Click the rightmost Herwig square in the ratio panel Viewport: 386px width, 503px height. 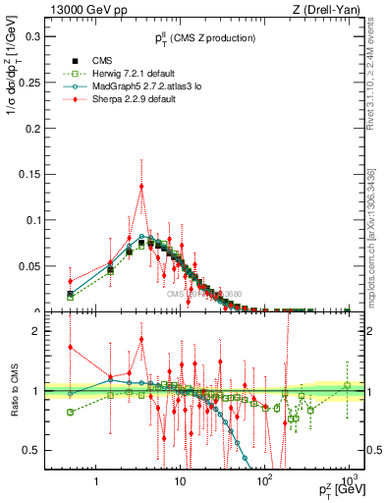point(347,385)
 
